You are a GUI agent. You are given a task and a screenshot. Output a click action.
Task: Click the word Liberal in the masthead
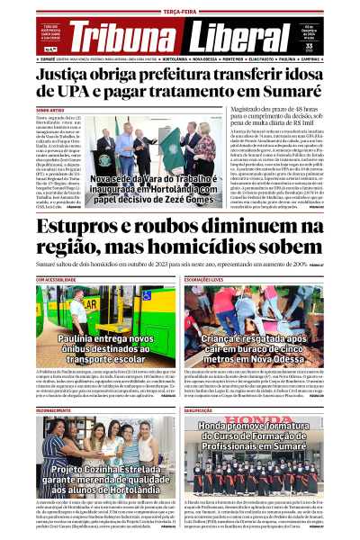coord(238,35)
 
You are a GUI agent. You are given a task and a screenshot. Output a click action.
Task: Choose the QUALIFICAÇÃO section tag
coord(199,409)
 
